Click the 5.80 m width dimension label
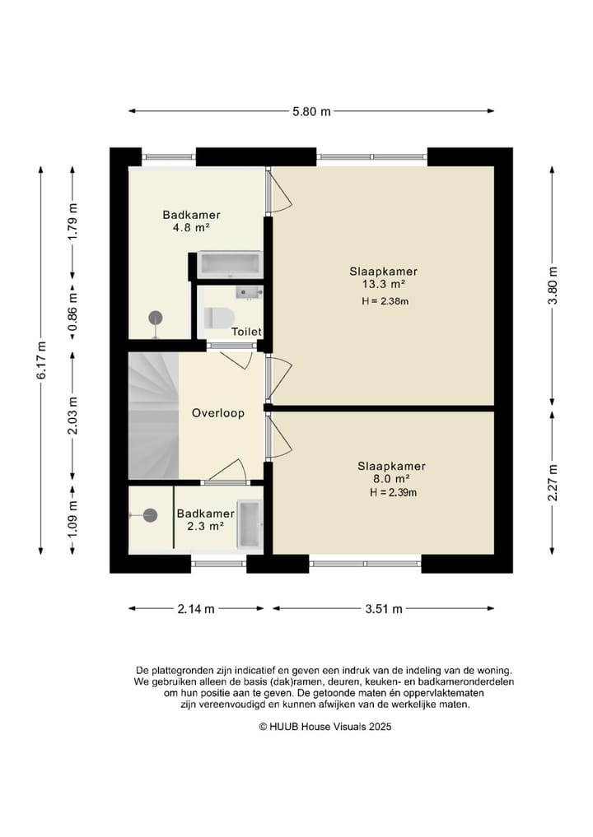pos(311,112)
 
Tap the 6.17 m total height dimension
pos(42,360)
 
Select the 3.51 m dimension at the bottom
pos(384,608)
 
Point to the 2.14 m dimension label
pos(196,608)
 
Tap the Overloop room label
pos(218,413)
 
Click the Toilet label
pos(246,332)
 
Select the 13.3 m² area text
pos(383,284)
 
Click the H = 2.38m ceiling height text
pos(385,301)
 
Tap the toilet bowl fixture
pos(219,318)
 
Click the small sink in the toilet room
pos(249,293)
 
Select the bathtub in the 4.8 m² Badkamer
pos(230,264)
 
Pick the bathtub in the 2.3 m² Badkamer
pos(250,525)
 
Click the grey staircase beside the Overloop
pos(154,415)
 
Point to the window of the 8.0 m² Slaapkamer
pos(366,564)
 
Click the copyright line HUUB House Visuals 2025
pos(325,727)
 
